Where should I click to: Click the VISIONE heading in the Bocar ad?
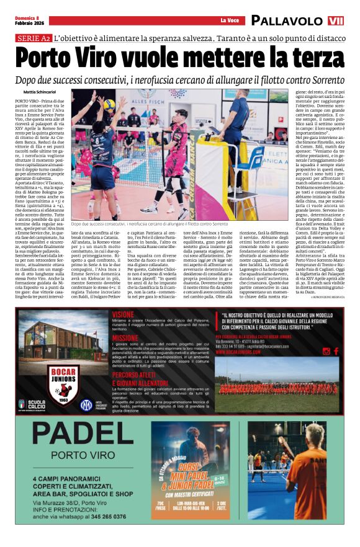(123, 314)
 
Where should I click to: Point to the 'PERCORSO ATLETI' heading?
(137, 376)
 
